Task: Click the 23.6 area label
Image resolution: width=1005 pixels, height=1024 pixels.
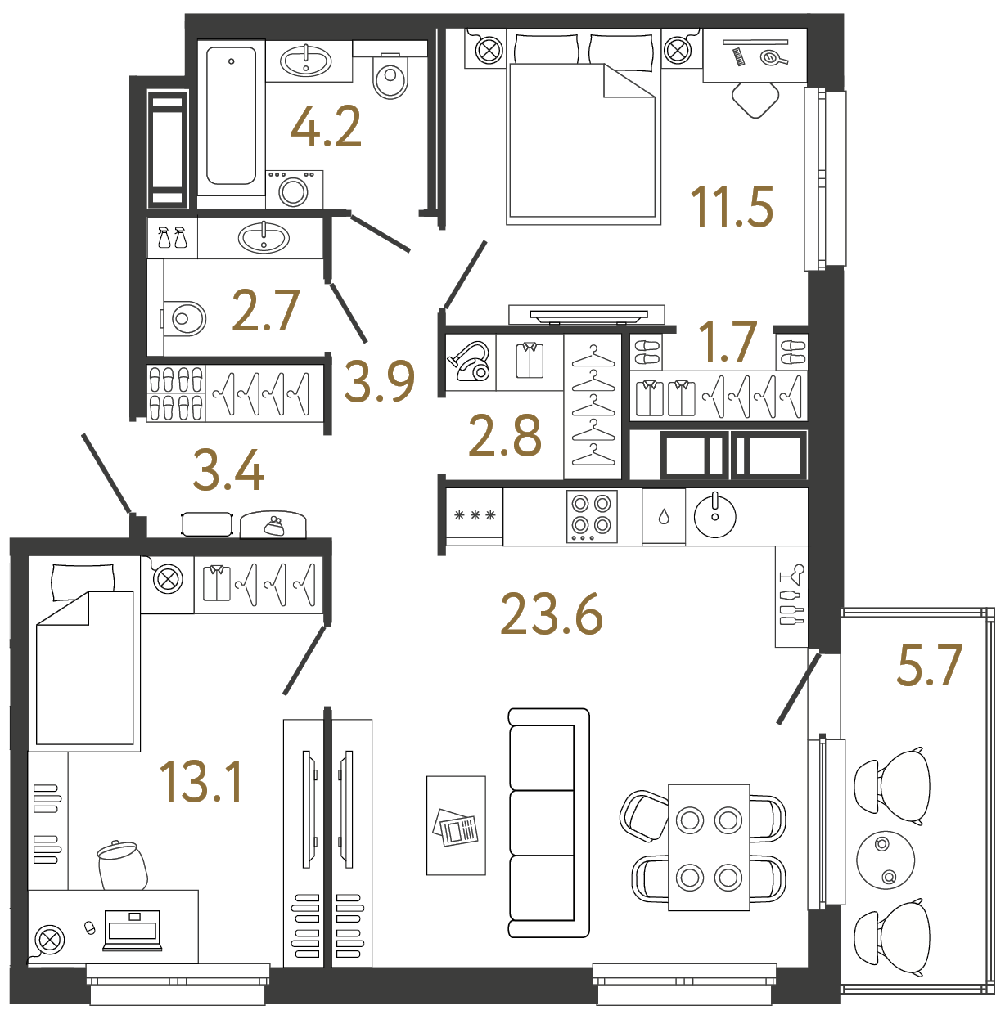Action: (552, 615)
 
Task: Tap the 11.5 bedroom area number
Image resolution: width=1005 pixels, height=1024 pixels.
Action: (732, 207)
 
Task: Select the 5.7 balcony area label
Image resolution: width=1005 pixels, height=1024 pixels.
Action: (929, 666)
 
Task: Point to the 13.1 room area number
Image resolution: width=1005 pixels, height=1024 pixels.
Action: (201, 782)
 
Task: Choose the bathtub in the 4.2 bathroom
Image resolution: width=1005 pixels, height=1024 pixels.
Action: (232, 115)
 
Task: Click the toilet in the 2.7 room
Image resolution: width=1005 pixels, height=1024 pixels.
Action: (184, 318)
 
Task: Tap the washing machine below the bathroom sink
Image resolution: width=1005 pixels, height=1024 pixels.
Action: (294, 189)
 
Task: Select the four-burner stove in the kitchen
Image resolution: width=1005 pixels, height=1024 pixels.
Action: (592, 515)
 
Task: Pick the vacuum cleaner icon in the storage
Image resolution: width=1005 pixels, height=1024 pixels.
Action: (469, 362)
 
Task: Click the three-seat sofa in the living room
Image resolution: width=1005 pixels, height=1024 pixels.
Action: (548, 822)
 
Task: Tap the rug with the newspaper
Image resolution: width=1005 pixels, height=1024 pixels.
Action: (456, 826)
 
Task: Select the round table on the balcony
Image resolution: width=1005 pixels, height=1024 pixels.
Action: (886, 860)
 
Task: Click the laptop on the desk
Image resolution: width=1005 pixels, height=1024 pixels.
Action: (133, 931)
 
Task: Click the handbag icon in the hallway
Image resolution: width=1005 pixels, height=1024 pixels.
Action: (273, 525)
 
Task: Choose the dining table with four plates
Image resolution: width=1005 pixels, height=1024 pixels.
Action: (709, 847)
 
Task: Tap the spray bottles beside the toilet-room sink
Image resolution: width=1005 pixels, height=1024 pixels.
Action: (172, 238)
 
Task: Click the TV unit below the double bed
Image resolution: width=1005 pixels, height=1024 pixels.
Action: (587, 314)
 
